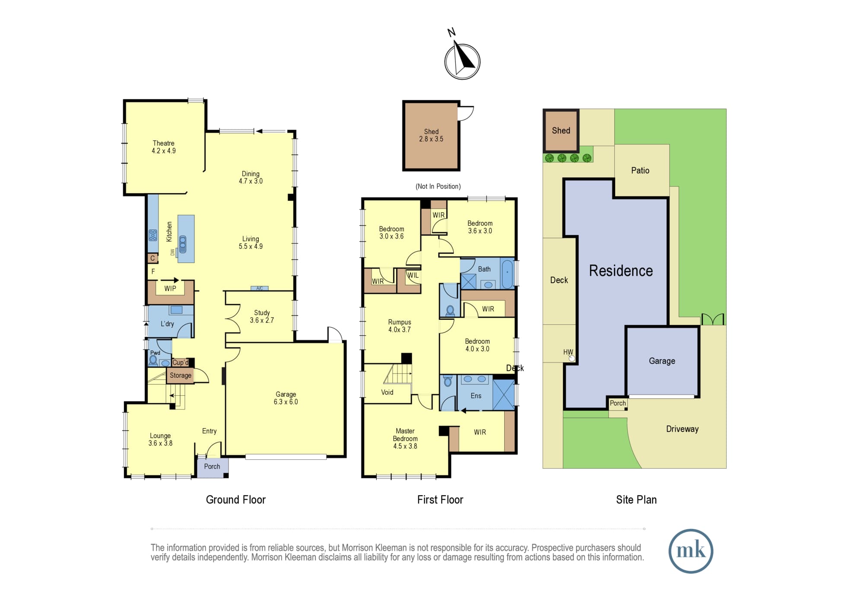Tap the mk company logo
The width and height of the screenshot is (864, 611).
[691, 551]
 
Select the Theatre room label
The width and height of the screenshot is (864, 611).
[163, 143]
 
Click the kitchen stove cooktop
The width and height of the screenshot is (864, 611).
[153, 235]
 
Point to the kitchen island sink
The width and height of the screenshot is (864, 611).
[183, 244]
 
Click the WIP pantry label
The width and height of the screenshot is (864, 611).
[170, 288]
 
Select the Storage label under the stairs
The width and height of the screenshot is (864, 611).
[181, 376]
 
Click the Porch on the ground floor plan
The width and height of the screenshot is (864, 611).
[212, 467]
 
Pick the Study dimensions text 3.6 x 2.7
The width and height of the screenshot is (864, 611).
[262, 320]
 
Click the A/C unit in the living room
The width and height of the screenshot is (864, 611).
[260, 288]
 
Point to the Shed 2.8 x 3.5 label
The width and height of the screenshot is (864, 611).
[431, 135]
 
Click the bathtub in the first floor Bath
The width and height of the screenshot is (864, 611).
[507, 273]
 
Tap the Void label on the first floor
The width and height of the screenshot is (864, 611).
[387, 392]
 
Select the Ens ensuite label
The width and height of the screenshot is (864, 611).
[476, 396]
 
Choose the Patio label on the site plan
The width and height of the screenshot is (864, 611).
[640, 171]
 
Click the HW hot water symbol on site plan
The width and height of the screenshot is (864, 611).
[572, 358]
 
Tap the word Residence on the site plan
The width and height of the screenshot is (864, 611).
[621, 271]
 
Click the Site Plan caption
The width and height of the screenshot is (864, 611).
[636, 500]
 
